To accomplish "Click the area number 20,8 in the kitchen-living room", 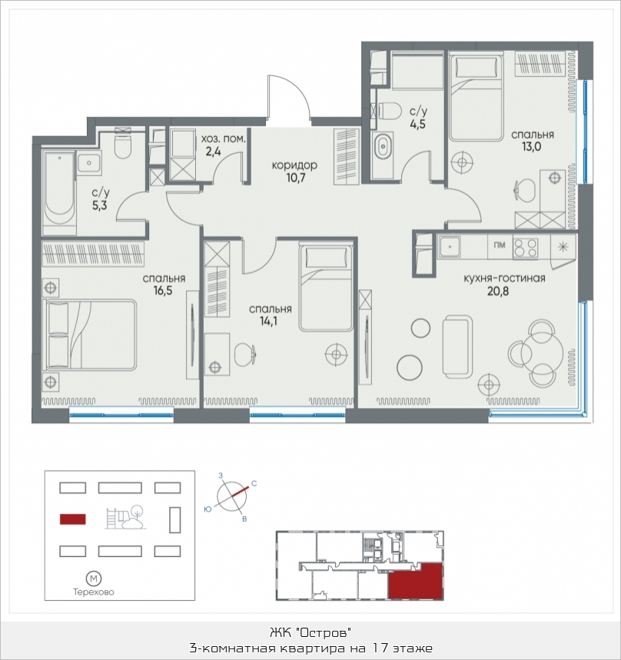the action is tap(498, 291).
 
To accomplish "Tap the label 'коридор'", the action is tap(294, 165).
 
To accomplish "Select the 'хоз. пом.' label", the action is tap(223, 139).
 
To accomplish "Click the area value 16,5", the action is tap(163, 291).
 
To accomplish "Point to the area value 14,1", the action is tap(269, 322).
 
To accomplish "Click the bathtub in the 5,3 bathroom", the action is tap(59, 194).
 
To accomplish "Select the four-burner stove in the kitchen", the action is tap(525, 248).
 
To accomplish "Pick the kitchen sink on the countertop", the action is tap(450, 247).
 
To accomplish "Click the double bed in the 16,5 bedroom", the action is tap(91, 335).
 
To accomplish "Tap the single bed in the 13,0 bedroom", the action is tap(477, 98).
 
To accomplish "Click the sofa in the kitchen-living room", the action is tap(458, 345).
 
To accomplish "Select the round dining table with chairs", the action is tap(536, 353).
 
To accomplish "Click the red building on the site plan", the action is tap(73, 519).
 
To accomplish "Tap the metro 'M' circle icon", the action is tap(93, 578).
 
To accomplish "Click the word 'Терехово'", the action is tap(93, 592).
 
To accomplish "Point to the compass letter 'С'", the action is tap(254, 484).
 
